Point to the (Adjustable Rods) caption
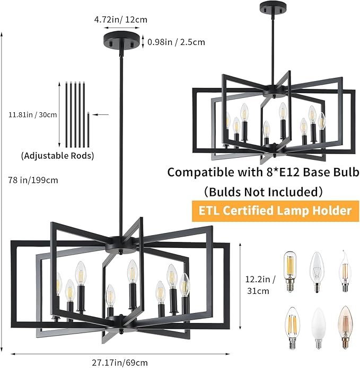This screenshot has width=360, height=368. pyautogui.click(x=58, y=156)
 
